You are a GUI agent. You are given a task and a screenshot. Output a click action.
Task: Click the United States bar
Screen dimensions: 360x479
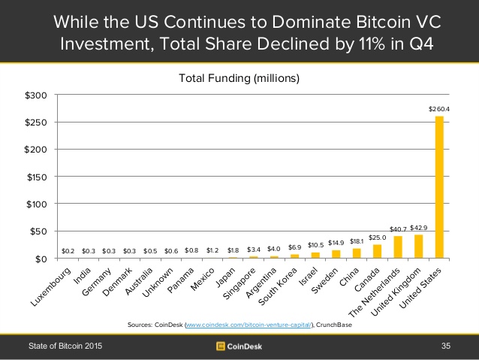coord(439,187)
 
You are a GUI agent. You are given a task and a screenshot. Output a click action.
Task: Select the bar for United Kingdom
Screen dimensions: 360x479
coord(419,247)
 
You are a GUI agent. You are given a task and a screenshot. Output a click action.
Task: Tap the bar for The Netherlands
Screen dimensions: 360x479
coord(398,247)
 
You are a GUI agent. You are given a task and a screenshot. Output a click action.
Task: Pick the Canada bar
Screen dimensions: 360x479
coord(377,251)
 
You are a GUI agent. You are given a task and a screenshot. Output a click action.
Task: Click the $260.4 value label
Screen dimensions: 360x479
coord(439,110)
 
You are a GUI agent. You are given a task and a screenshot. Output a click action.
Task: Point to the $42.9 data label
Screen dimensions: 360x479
coord(419,227)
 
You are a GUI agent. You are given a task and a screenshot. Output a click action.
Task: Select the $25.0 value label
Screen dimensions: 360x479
coord(377,237)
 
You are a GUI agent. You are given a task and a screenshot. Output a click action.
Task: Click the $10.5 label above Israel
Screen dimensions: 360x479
coord(315,245)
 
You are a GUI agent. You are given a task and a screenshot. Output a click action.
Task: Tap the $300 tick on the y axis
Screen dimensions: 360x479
coord(36,95)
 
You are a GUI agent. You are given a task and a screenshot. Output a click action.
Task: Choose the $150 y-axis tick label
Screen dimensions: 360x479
coord(36,177)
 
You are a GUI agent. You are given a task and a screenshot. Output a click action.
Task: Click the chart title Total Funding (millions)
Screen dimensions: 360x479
coord(238,77)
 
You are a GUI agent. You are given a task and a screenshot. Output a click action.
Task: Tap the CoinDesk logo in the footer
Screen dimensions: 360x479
coord(239,346)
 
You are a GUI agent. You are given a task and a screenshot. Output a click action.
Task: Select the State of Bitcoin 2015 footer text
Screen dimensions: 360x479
coord(65,346)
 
